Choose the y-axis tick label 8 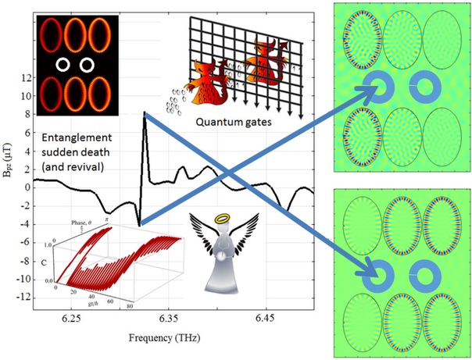tap(27, 114)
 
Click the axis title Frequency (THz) tap(168, 341)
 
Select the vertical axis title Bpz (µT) tap(8, 187)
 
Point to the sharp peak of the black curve tap(145, 114)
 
